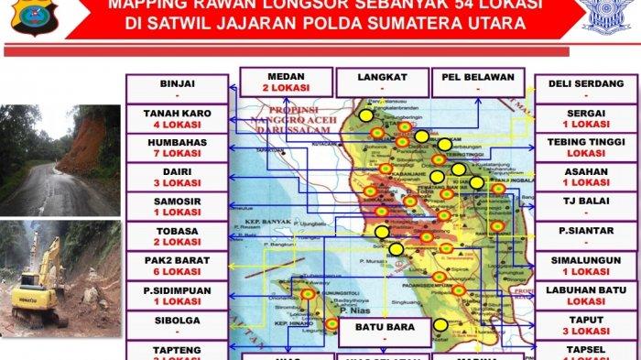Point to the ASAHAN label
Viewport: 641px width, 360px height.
tap(585, 172)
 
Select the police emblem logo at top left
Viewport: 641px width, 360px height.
tap(35, 16)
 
